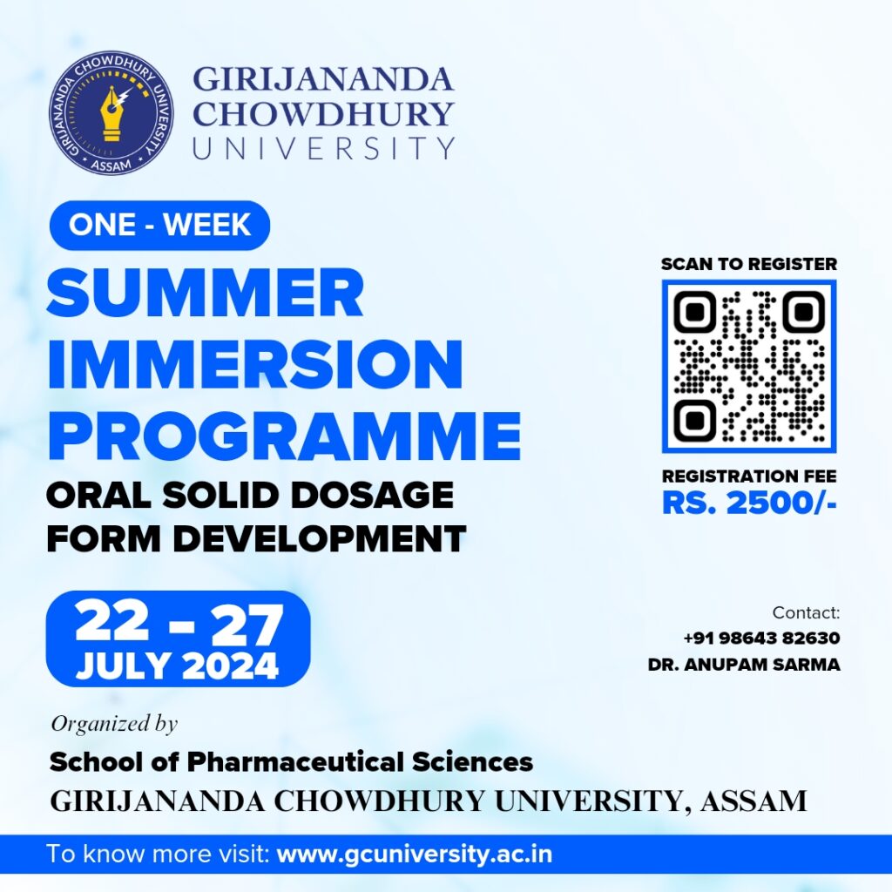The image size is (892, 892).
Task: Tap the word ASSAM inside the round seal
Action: click(111, 166)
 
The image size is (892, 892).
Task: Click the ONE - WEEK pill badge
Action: click(160, 225)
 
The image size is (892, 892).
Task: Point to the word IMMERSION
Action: click(255, 364)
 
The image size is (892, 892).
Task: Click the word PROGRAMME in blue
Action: click(285, 435)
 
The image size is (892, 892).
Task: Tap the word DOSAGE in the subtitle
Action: click(372, 495)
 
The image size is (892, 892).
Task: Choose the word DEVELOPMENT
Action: click(320, 538)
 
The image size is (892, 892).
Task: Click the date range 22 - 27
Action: click(179, 624)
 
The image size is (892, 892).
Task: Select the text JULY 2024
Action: click(178, 666)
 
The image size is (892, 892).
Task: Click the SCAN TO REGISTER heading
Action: click(748, 264)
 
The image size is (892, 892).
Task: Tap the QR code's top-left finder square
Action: click(694, 312)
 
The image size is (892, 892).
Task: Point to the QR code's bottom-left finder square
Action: click(694, 421)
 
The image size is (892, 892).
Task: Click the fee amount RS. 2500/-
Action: click(749, 503)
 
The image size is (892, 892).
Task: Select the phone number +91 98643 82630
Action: click(761, 638)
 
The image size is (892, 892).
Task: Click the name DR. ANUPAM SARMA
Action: click(744, 665)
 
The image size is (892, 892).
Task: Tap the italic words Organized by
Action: click(114, 724)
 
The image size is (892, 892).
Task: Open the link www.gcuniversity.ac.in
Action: click(414, 855)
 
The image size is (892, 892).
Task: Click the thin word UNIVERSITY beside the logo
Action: click(324, 148)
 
